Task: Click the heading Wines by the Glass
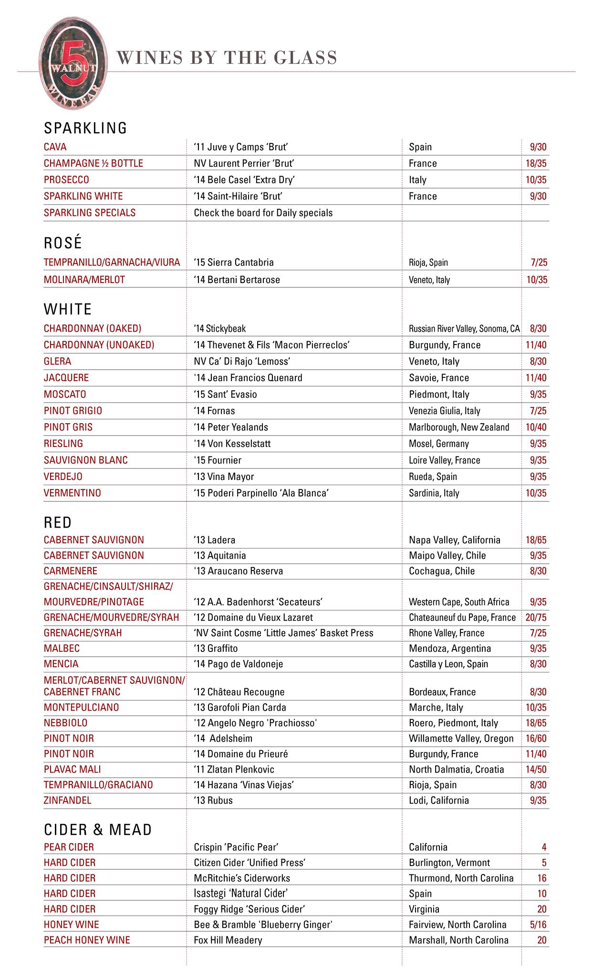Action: click(227, 58)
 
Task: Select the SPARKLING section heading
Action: click(85, 128)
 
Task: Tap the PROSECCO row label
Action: click(66, 180)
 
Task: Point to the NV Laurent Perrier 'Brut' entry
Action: click(244, 163)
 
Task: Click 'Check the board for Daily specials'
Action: click(263, 213)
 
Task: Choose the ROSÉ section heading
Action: click(63, 243)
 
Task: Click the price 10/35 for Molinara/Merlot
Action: click(537, 280)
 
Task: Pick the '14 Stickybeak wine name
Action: click(220, 328)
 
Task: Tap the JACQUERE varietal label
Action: click(66, 378)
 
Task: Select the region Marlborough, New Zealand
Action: click(459, 427)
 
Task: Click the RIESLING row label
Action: click(63, 444)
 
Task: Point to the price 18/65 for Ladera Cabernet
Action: click(536, 540)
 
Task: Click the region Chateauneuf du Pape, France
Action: click(462, 618)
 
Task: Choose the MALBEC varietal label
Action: click(62, 649)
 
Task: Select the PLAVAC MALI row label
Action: click(73, 769)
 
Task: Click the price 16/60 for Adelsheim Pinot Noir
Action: click(536, 739)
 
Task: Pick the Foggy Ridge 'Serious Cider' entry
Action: click(250, 909)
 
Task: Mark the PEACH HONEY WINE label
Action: click(87, 940)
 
